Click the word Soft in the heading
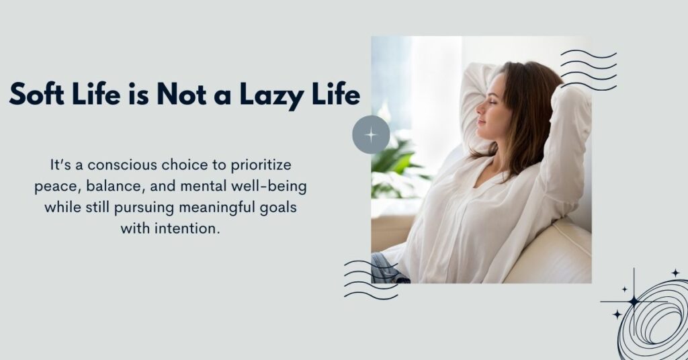coord(38,94)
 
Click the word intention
coord(194,228)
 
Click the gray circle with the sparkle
coord(371,134)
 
